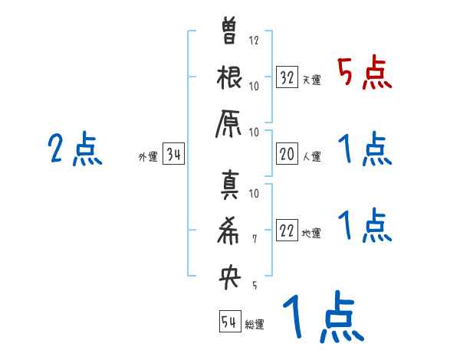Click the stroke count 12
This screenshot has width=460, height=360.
point(255,41)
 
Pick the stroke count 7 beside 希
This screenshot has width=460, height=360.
point(255,240)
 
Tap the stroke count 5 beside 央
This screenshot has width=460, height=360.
point(255,285)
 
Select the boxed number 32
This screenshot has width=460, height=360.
point(287,78)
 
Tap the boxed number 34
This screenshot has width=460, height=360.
point(173,155)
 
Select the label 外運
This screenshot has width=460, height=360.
point(148,157)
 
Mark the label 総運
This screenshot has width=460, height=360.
point(255,325)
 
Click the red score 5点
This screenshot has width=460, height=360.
point(365,74)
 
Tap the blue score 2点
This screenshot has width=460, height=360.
point(75,149)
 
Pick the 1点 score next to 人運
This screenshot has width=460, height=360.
point(365,149)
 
